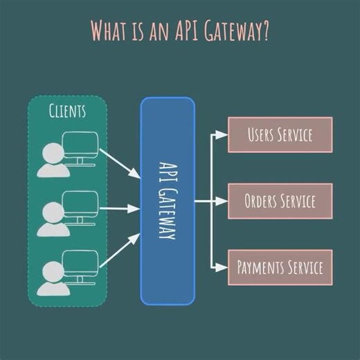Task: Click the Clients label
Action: (67, 111)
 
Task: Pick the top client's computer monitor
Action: (80, 146)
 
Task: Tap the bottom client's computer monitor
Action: (80, 265)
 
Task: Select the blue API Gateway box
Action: (168, 201)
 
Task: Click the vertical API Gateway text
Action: (168, 201)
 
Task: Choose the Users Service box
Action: (280, 134)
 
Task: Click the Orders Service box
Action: (280, 201)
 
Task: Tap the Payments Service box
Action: (280, 267)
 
